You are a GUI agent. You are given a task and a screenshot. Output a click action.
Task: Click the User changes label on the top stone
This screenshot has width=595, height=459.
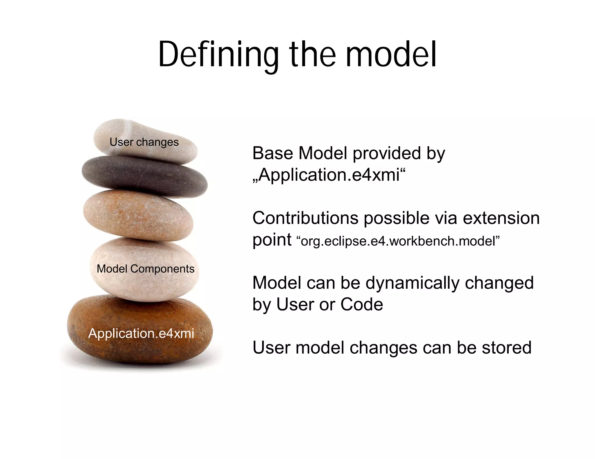[x=144, y=142]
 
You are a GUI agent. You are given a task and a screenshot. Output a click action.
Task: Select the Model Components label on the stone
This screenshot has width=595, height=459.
[x=146, y=269]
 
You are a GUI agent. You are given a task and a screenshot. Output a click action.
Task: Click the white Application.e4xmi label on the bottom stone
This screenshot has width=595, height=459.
[x=141, y=333]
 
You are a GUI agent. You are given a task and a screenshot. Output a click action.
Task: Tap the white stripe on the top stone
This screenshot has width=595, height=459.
[x=128, y=128]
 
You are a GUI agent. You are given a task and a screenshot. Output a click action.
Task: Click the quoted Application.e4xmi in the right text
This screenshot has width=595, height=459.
[x=329, y=175]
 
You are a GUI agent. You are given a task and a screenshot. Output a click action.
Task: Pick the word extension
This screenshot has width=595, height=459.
[x=501, y=218]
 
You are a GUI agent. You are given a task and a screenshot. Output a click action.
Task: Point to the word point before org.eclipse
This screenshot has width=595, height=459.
[x=272, y=241]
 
